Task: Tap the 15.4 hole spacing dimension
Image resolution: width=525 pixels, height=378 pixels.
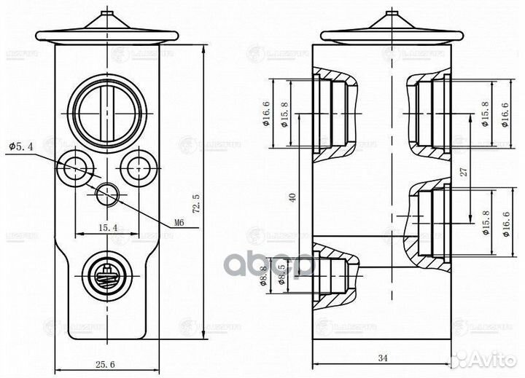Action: pos(106,229)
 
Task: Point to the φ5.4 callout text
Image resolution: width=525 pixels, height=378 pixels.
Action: pos(21,146)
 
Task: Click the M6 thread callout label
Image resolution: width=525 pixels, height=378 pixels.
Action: pos(175,222)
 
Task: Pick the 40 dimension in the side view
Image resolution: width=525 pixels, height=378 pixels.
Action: pos(293,197)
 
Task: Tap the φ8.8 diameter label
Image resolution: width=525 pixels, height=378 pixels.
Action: pos(263,277)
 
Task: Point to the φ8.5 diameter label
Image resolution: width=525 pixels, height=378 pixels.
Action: pos(281,277)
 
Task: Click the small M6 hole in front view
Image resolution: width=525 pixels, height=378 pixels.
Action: pos(107,194)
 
